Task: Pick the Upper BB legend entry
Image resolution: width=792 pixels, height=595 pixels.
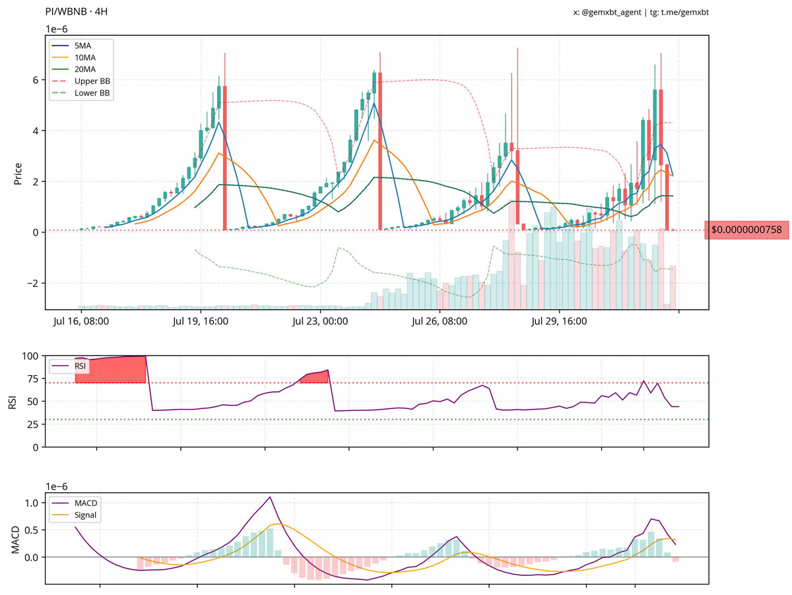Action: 92,81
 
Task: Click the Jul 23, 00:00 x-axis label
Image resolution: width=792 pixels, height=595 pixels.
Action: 320,322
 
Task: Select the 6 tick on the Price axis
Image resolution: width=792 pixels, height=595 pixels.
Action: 36,80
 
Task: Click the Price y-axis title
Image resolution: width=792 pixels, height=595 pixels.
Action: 18,173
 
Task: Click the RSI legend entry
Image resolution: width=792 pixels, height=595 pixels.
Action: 77,365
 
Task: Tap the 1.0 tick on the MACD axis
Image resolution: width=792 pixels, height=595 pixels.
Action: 32,503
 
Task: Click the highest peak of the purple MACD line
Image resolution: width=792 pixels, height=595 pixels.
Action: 269,497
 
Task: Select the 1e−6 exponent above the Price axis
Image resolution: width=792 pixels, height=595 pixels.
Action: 56,30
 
